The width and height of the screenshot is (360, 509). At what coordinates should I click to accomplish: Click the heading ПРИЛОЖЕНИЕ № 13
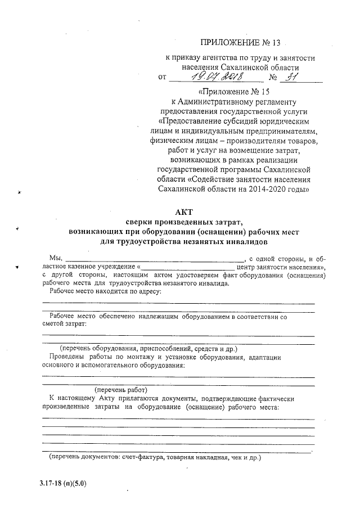(x=240, y=43)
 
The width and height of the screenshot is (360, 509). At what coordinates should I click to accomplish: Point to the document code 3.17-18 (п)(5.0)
(x=63, y=483)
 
